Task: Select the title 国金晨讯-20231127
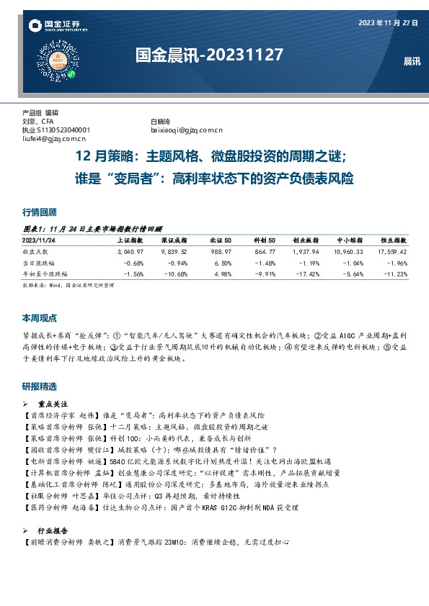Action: click(209, 55)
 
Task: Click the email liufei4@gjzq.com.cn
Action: click(54, 138)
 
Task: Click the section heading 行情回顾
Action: click(40, 212)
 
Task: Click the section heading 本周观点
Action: click(40, 317)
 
